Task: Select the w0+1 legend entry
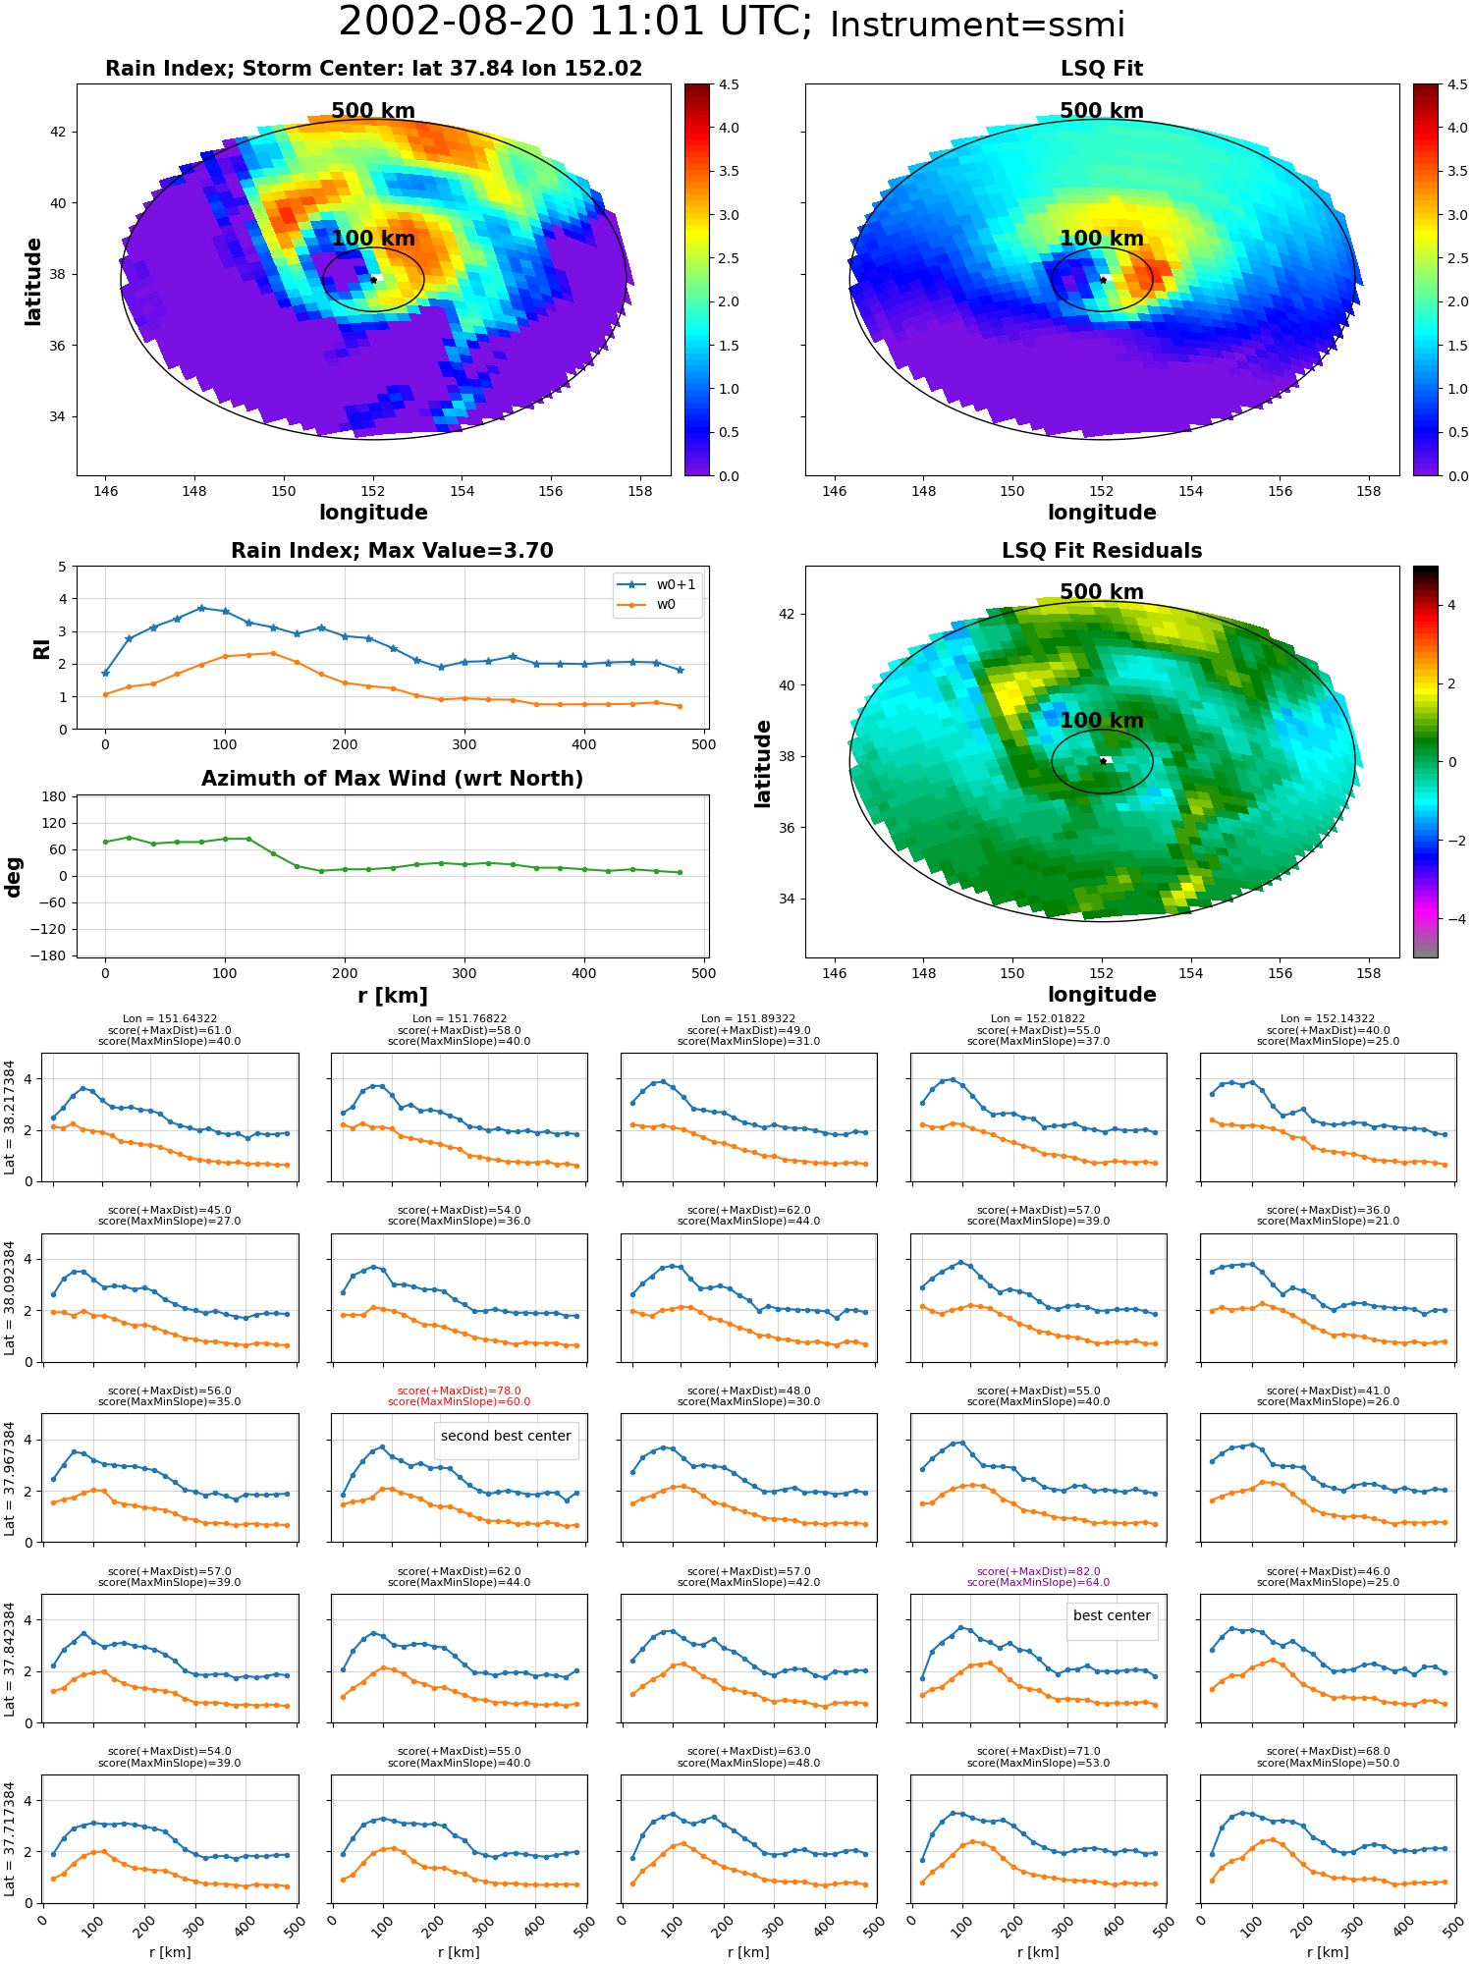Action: click(657, 584)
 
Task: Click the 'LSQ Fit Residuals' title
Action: click(1102, 551)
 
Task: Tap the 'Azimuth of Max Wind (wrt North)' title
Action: click(392, 779)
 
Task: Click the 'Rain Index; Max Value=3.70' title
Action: click(392, 551)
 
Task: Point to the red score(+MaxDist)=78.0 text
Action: click(460, 1391)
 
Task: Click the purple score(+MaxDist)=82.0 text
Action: click(1039, 1571)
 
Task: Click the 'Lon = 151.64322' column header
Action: click(170, 1019)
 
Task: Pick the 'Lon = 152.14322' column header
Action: click(1328, 1019)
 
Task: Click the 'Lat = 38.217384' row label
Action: click(10, 1118)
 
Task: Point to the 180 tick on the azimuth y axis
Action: click(55, 796)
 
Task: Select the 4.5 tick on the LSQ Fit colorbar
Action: click(1457, 84)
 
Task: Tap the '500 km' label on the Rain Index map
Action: click(373, 111)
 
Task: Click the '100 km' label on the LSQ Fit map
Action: click(1102, 239)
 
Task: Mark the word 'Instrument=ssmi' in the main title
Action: click(977, 26)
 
